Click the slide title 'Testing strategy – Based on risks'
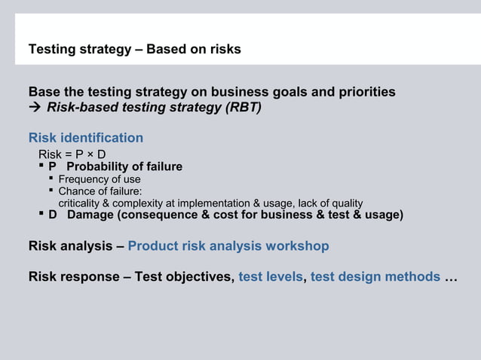[x=134, y=50]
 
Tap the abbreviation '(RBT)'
[x=242, y=107]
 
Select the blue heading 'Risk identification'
[x=86, y=138]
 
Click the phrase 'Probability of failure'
[x=124, y=166]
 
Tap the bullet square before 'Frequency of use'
[x=51, y=178]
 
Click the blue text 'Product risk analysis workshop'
[x=228, y=246]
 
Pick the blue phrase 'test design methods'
[x=375, y=276]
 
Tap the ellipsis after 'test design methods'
[x=451, y=277]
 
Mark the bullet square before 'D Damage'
[x=41, y=215]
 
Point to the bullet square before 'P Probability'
[x=41, y=166]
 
